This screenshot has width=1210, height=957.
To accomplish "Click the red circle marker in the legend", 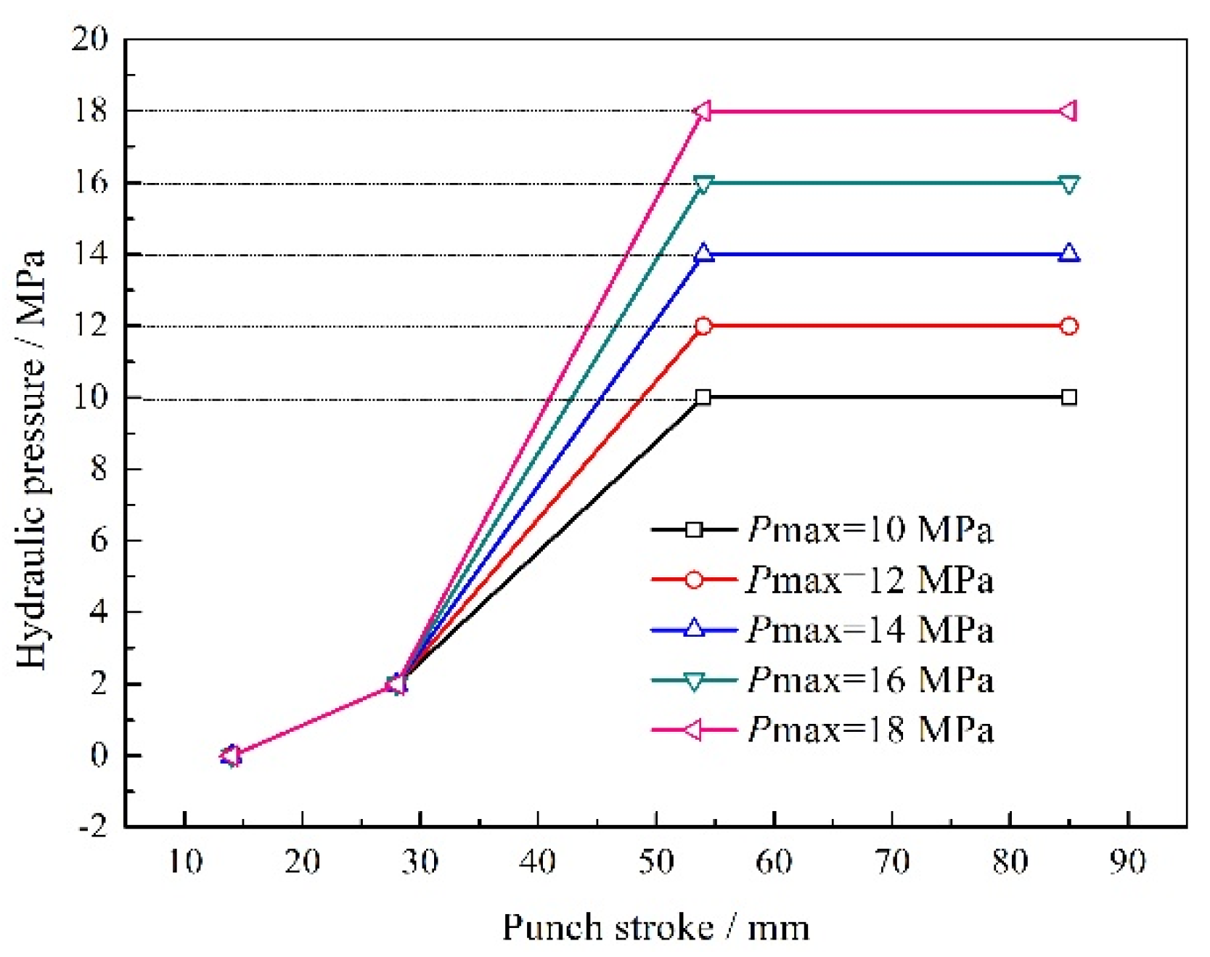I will pyautogui.click(x=694, y=579).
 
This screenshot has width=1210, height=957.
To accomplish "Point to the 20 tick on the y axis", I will pyautogui.click(x=89, y=39).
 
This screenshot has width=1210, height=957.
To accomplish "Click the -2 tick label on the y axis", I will pyautogui.click(x=93, y=826).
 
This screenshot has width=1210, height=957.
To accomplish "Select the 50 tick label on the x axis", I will pyautogui.click(x=655, y=862).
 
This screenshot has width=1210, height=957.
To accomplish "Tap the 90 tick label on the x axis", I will pyautogui.click(x=1127, y=862).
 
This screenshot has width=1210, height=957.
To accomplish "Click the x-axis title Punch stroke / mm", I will pyautogui.click(x=655, y=928).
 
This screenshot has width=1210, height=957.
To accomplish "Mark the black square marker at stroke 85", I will pyautogui.click(x=1068, y=397).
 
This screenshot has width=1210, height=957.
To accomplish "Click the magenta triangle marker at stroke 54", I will pyautogui.click(x=702, y=111).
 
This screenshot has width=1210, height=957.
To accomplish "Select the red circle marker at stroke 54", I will pyautogui.click(x=703, y=326).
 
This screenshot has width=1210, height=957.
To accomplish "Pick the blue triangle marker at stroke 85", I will pyautogui.click(x=1068, y=253).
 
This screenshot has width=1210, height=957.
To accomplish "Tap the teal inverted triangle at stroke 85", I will pyautogui.click(x=1068, y=184).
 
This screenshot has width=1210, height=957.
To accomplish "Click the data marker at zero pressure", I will pyautogui.click(x=231, y=756).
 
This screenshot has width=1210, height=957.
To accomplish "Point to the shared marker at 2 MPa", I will pyautogui.click(x=397, y=683).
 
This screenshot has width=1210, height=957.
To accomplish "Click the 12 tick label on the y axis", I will pyautogui.click(x=89, y=326).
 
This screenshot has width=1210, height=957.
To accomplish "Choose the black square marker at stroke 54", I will pyautogui.click(x=703, y=397).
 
